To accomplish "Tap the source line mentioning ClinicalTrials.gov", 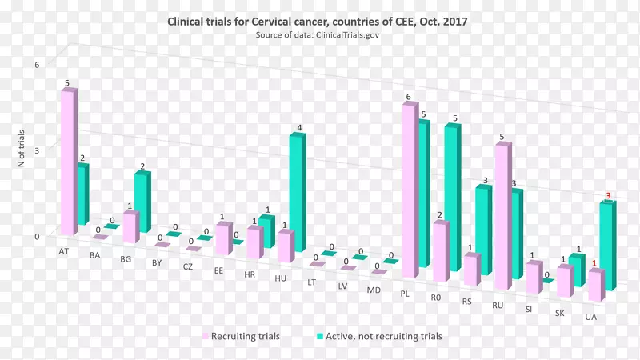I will [x=317, y=36].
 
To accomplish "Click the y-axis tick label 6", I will [x=36, y=65].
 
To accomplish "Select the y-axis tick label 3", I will [x=36, y=149].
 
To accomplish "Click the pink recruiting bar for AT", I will [x=69, y=160].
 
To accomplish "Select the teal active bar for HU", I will [x=297, y=192].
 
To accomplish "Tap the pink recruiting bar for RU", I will [x=502, y=216].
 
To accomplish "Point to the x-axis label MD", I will [x=374, y=289].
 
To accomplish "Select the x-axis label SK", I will [x=561, y=313].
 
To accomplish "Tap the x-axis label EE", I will [x=218, y=270].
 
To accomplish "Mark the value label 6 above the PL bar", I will [x=408, y=98].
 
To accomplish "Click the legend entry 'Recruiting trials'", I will [x=245, y=337].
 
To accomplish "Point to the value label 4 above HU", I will [x=299, y=128].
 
